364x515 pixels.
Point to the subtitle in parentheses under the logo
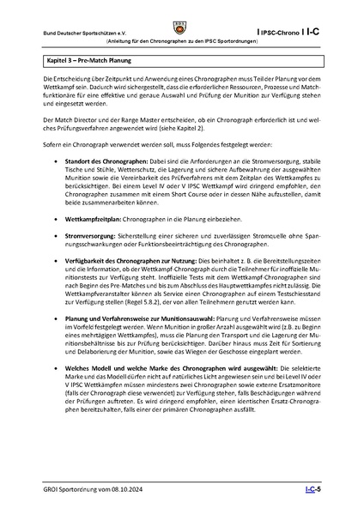(182, 42)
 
